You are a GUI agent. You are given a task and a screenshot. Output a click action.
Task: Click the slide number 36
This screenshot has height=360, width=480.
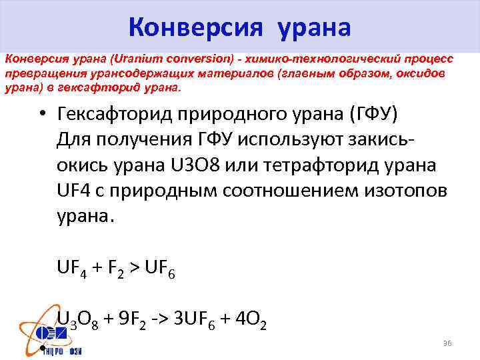click(x=447, y=343)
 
